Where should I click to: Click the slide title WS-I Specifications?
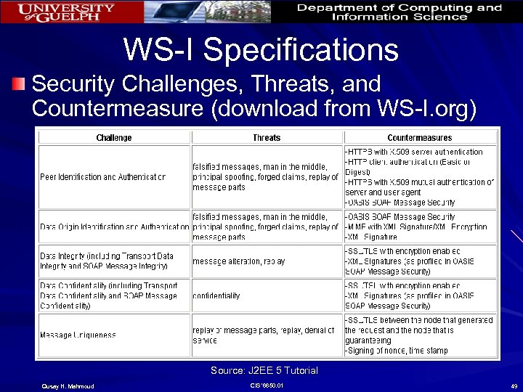click(261, 50)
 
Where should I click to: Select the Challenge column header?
click(114, 138)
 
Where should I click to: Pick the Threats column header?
click(266, 138)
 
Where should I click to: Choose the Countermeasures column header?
click(419, 138)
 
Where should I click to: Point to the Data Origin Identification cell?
click(114, 226)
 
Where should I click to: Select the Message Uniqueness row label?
click(78, 335)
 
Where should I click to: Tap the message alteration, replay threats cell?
click(239, 261)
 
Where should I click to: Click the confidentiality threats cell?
click(216, 296)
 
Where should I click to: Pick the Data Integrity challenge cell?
click(108, 261)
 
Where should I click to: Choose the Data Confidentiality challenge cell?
click(109, 296)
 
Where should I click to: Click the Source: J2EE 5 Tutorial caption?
click(264, 371)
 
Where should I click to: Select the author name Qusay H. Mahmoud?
click(62, 385)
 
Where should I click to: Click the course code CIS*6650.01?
click(266, 385)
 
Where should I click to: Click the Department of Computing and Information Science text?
click(400, 12)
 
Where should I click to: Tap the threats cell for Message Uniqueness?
click(266, 335)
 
